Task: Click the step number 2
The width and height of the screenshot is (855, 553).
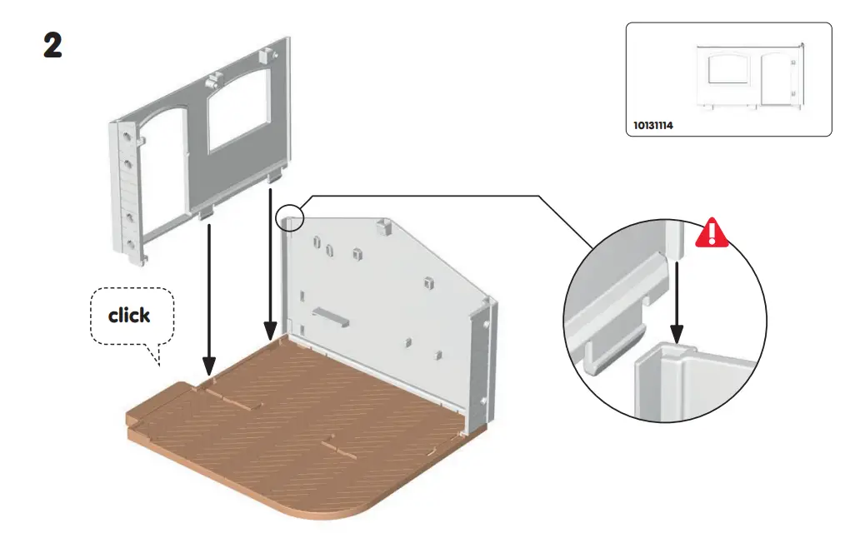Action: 52,46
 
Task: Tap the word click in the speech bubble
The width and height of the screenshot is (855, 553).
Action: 129,316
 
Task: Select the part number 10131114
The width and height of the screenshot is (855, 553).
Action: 652,126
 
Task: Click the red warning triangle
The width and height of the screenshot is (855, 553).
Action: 712,233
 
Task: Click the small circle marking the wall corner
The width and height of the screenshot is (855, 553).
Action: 290,214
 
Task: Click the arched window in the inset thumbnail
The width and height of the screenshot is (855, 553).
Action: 727,70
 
